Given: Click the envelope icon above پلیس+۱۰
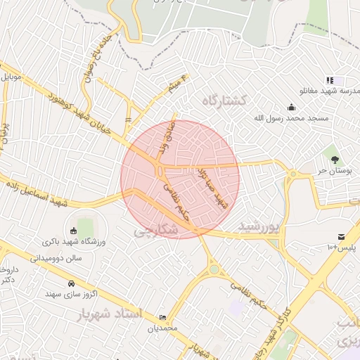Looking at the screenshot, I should [341, 236].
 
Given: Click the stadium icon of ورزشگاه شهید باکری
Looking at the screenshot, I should [73, 231].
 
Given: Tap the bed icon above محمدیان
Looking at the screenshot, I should [163, 317].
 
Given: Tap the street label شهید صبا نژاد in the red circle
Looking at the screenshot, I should [211, 186].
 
